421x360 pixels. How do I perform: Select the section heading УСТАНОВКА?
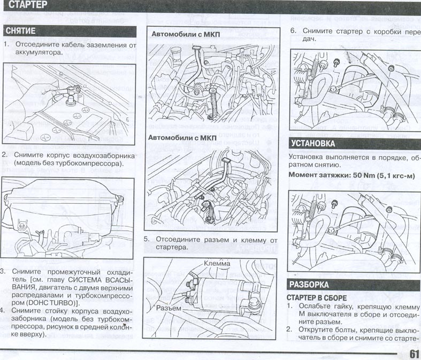pyautogui.click(x=313, y=143)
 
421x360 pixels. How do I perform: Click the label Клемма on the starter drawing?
pyautogui.click(x=217, y=264)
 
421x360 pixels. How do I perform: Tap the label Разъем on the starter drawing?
pyautogui.click(x=169, y=309)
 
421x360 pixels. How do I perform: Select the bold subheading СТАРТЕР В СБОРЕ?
pyautogui.click(x=317, y=297)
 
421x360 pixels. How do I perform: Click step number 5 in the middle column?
pyautogui.click(x=147, y=240)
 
